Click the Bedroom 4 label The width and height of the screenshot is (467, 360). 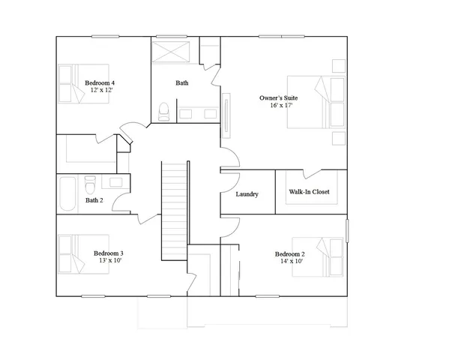(100, 82)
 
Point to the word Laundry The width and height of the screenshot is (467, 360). (247, 194)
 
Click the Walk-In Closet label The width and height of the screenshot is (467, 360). (309, 192)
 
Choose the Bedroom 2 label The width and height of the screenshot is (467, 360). (289, 253)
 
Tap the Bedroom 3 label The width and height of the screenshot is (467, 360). (108, 253)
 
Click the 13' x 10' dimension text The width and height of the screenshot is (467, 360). (108, 262)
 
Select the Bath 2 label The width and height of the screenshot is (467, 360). (94, 200)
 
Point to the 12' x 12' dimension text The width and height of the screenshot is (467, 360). (100, 90)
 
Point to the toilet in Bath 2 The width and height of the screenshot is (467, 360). (90, 183)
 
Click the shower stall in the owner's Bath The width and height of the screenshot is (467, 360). (172, 54)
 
